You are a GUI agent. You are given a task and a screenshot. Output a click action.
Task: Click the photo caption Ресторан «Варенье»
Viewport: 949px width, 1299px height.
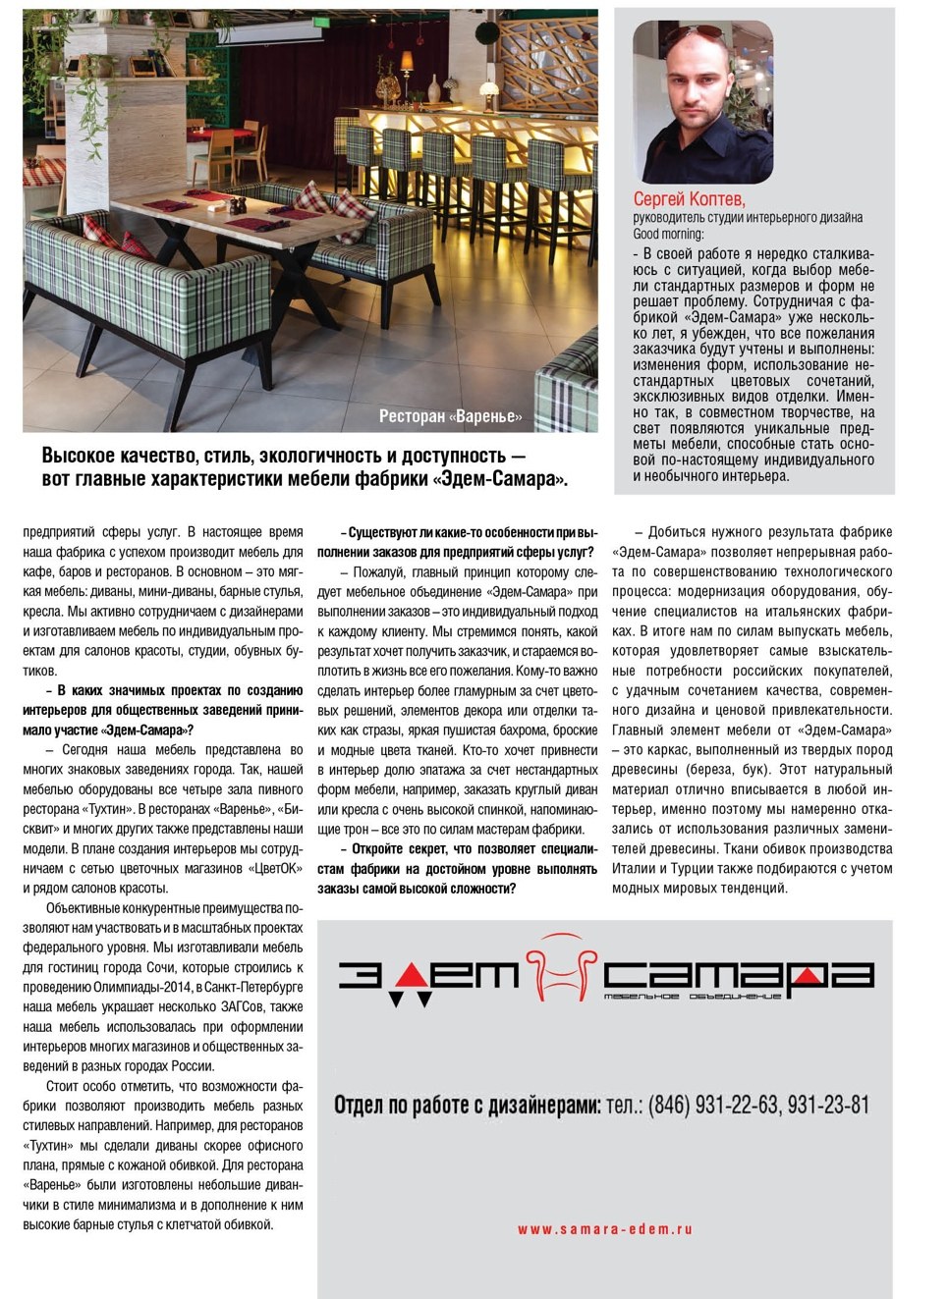click(x=450, y=416)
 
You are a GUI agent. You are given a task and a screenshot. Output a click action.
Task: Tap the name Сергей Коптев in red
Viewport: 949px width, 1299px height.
click(x=689, y=198)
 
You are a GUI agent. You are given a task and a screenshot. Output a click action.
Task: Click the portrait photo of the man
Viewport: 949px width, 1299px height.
click(x=702, y=101)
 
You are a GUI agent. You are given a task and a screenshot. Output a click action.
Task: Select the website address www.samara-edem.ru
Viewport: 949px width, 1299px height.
click(x=604, y=1228)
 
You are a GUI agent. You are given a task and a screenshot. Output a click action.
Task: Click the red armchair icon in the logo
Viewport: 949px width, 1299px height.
click(x=561, y=967)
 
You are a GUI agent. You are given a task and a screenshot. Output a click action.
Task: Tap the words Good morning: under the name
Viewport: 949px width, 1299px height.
click(x=668, y=234)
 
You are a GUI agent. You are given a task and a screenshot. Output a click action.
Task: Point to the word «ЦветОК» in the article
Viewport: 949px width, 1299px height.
click(x=276, y=868)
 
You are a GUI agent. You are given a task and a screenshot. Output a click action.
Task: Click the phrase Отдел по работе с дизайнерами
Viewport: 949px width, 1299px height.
click(x=467, y=1105)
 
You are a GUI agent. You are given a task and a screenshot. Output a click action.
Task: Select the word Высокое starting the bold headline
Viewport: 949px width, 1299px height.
click(x=80, y=456)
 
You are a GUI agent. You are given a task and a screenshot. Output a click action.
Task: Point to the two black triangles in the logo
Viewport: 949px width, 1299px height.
click(x=411, y=1000)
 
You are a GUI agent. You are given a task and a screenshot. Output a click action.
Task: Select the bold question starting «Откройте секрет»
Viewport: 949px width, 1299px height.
click(x=457, y=869)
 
